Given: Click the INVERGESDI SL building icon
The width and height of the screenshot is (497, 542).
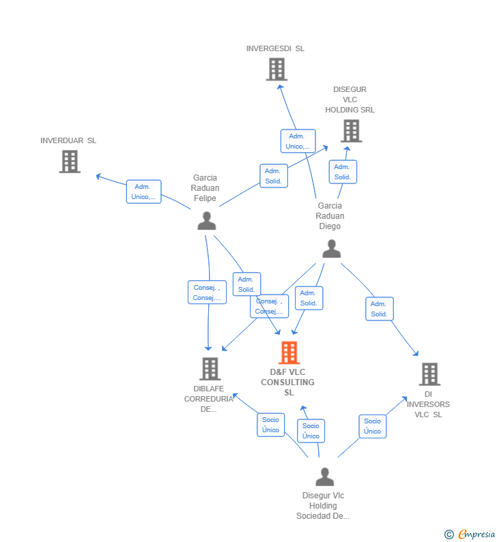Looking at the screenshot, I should [276, 70].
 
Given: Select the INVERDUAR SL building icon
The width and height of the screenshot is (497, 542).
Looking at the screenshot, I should [70, 162].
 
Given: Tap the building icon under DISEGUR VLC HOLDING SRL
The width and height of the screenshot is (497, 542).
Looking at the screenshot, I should [350, 131].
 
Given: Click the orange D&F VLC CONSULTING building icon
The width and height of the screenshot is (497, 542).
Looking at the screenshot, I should [289, 352].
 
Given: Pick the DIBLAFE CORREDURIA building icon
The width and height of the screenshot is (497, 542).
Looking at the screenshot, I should [210, 369].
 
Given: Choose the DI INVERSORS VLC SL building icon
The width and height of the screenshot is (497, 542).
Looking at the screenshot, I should [429, 374].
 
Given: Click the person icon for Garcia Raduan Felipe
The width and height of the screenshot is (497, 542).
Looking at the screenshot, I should [206, 221].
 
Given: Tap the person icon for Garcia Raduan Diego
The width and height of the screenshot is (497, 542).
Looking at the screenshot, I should [331, 249].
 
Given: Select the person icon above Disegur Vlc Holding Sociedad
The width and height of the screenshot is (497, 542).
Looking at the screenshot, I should [324, 477].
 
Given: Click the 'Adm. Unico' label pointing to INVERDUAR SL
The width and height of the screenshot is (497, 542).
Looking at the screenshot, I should [143, 192].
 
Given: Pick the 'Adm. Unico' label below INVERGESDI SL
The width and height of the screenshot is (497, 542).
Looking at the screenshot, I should [298, 141].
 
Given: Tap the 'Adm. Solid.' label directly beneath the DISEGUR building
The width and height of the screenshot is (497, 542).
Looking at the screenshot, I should [342, 172].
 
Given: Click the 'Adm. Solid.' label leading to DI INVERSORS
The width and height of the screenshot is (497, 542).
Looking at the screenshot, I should [379, 309].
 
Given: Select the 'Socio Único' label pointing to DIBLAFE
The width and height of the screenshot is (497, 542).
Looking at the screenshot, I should [270, 425].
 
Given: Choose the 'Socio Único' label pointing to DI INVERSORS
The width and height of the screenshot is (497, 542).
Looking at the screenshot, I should [372, 426].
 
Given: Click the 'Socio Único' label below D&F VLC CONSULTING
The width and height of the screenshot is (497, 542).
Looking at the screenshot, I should [311, 431].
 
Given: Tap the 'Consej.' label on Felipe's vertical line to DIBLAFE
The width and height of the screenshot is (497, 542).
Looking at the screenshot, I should [207, 292].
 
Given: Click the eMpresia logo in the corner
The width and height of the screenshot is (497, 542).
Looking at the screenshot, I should [470, 534].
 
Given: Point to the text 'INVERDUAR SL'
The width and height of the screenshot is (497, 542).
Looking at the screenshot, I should [68, 140].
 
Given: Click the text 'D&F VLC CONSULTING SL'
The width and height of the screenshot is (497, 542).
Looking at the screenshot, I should [287, 382].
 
